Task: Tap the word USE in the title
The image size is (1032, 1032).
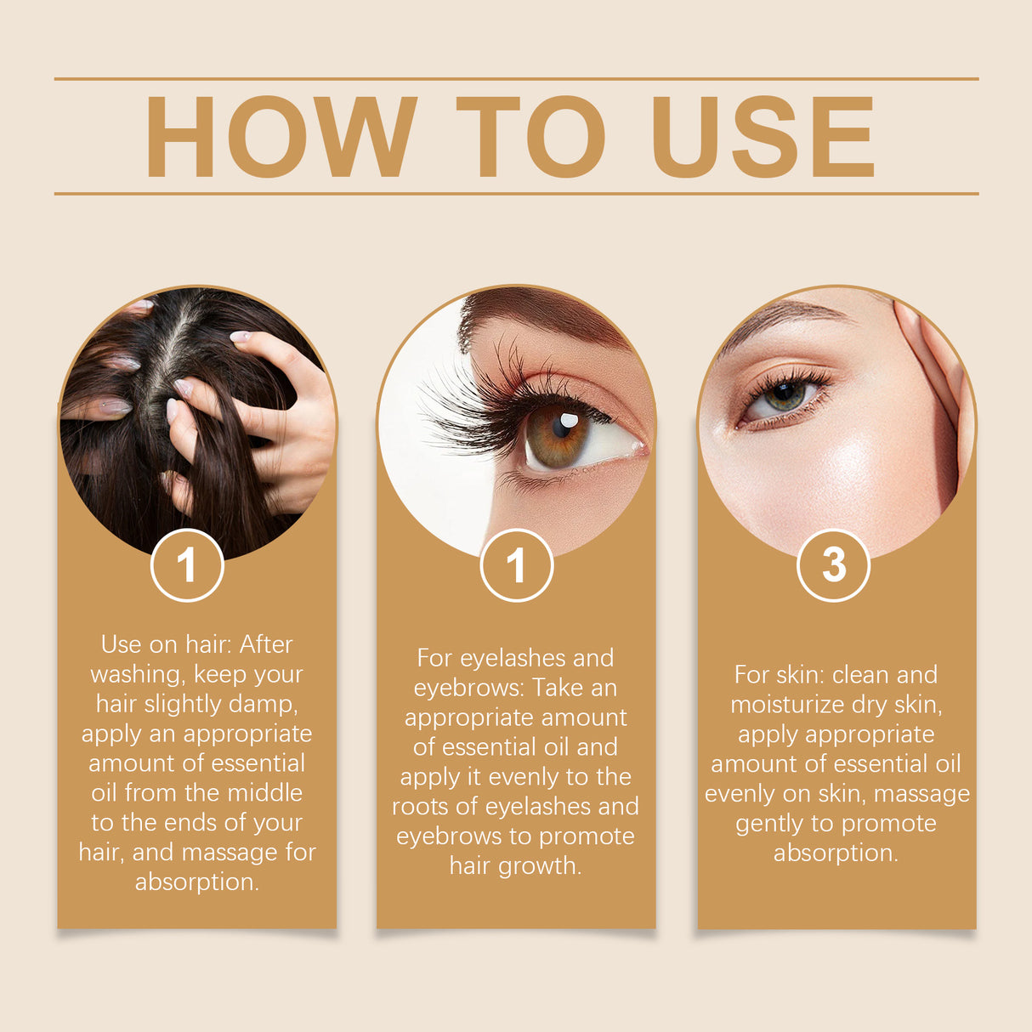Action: pyautogui.click(x=763, y=137)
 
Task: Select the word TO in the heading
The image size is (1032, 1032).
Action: pyautogui.click(x=530, y=137)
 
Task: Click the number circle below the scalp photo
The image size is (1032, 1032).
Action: pyautogui.click(x=187, y=565)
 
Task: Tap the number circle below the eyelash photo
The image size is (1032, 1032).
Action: pyautogui.click(x=516, y=565)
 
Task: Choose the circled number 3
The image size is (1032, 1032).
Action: pyautogui.click(x=833, y=565)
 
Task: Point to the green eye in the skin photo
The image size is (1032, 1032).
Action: pyautogui.click(x=784, y=395)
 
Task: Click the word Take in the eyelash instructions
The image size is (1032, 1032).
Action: pyautogui.click(x=561, y=688)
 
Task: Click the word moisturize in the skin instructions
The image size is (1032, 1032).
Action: pyautogui.click(x=778, y=705)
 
